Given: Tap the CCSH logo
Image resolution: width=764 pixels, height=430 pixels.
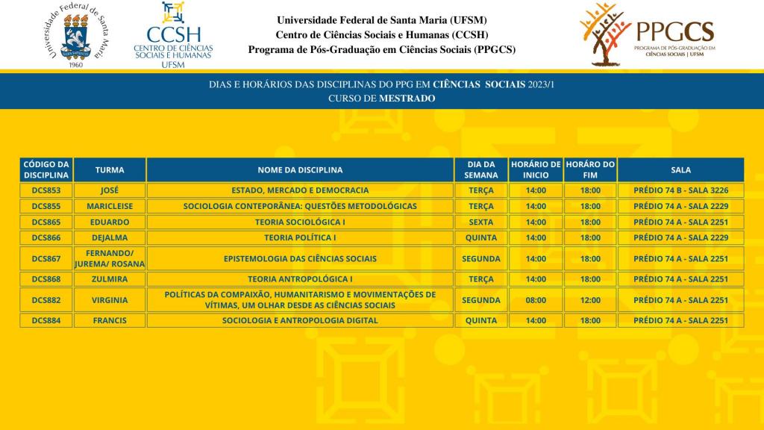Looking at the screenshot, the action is coord(173,34).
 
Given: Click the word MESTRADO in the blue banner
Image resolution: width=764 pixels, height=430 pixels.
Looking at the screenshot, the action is coord(407,98).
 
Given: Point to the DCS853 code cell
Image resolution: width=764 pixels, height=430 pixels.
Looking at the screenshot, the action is coord(46,190).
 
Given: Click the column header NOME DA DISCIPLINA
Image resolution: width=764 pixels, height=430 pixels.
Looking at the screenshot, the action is coord(300,169).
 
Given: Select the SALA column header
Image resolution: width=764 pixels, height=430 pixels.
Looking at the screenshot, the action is coord(680,169).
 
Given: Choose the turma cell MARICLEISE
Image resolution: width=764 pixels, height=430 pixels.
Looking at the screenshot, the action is coord(110,206).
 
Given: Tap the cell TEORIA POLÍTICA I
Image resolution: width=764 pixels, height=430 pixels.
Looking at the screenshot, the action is coord(300,238).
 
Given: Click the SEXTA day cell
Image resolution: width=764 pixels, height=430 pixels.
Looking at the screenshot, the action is coord(481,222).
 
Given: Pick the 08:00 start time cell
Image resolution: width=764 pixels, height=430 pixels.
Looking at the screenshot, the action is coord(536,300).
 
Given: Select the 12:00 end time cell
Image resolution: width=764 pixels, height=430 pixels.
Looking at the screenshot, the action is coord(590,300).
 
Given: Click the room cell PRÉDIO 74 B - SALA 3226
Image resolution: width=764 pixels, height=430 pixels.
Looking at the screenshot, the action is coord(680,190).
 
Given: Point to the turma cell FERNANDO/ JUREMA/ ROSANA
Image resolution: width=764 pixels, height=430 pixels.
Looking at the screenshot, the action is coord(110,258).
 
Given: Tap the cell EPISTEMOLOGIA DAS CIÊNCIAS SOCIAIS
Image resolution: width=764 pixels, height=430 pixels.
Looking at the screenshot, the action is coord(300,258).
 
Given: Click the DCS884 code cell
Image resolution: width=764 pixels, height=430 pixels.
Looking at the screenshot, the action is coord(46,321).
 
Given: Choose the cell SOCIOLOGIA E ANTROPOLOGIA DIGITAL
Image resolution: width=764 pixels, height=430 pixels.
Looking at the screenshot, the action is coord(300,321).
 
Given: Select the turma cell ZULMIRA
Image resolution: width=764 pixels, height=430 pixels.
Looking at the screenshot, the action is coord(110,279).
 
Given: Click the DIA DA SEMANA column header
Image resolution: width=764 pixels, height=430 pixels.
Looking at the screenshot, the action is coord(481,169).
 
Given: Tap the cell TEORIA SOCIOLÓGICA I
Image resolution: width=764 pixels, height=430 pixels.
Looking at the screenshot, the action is coord(300,222).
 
